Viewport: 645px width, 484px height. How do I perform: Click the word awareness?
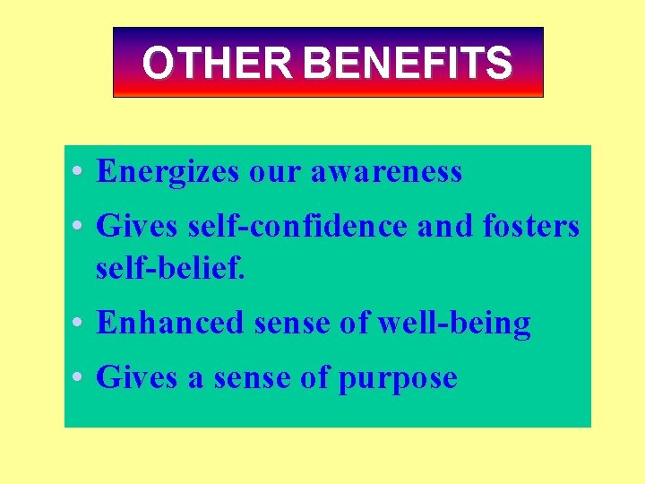pos(386,171)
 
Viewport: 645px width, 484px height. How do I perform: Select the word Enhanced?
pos(169,322)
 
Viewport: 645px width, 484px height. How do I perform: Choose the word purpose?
pos(397,378)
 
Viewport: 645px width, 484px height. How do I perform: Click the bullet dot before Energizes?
pos(81,172)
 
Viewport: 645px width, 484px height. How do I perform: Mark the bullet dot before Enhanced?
pos(81,323)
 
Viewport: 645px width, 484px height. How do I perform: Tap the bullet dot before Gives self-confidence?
pos(81,227)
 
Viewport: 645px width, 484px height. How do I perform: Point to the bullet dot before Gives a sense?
pos(81,378)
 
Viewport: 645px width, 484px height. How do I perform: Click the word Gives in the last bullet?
pos(137,377)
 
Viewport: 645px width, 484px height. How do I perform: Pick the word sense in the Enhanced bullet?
pos(288,322)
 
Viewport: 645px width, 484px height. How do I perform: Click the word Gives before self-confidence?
pos(137,226)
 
